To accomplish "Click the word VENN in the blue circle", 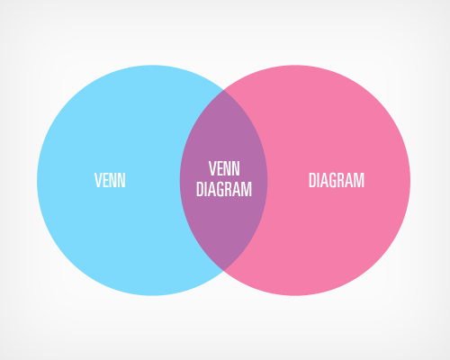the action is coord(110,180).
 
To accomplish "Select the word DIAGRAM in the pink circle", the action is coord(337,180).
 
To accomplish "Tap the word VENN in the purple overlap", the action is coord(224,168).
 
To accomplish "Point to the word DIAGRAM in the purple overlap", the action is coord(224,189).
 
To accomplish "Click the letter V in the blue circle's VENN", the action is coord(98,180).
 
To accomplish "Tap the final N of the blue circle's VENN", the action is coord(121,180).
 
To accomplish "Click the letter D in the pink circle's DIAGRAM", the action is coord(312,180).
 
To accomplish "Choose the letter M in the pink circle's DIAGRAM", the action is coord(359,180).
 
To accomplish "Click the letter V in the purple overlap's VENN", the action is coord(213,168).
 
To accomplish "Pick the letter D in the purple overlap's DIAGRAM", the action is coord(200,189).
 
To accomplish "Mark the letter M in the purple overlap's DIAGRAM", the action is coord(247,189).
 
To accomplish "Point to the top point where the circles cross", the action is coord(223,90).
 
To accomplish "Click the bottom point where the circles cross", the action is coord(223,271).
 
